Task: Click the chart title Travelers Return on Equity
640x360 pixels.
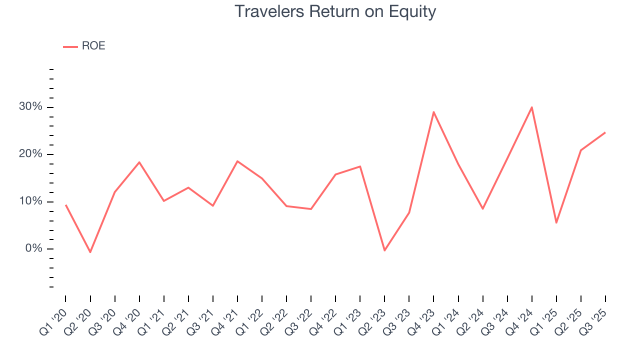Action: click(x=335, y=11)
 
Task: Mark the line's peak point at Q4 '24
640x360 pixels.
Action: click(x=531, y=107)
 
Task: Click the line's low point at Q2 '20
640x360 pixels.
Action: click(x=90, y=252)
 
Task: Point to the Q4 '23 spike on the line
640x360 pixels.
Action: click(x=433, y=112)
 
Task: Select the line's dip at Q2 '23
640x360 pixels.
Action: click(x=384, y=250)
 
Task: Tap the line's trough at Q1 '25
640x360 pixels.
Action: click(x=556, y=222)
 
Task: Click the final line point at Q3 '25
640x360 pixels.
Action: click(x=605, y=132)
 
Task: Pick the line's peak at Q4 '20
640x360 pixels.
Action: click(x=139, y=162)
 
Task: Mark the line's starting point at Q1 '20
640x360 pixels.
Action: click(x=66, y=205)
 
